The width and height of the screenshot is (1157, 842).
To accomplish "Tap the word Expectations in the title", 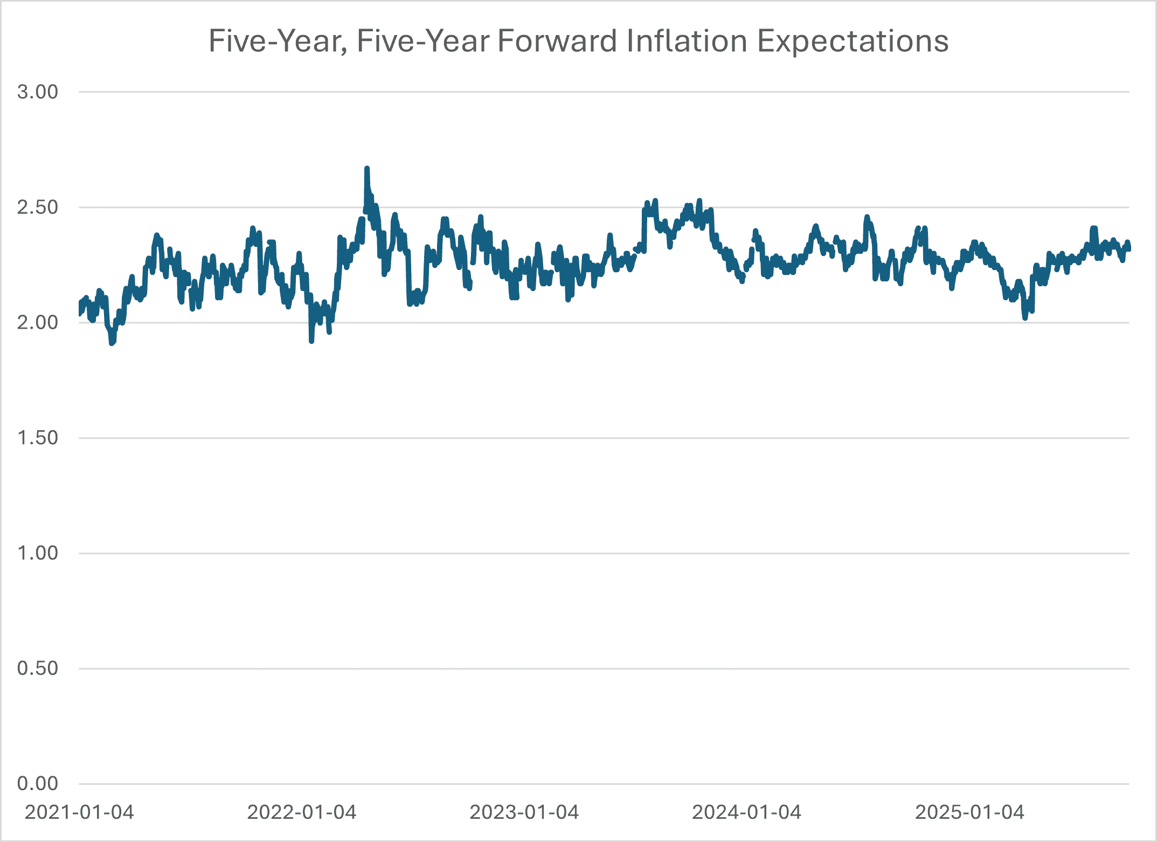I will [x=853, y=41].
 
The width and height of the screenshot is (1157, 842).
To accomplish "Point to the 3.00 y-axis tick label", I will [x=37, y=92].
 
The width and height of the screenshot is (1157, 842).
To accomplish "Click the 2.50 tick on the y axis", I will [x=37, y=207].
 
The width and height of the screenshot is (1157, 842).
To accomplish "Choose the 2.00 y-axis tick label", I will [x=37, y=322].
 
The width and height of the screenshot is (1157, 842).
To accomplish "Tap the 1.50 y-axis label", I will [x=37, y=438].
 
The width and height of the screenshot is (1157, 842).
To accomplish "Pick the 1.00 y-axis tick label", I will [x=37, y=553].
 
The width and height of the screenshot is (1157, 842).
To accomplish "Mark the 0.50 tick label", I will [x=37, y=668].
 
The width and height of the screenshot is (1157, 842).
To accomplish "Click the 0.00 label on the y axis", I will [x=37, y=784].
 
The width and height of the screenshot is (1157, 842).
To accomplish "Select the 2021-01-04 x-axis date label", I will [x=79, y=812].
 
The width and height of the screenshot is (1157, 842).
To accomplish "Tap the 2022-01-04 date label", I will [x=302, y=812].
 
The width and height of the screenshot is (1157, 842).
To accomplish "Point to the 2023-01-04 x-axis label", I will [x=524, y=812].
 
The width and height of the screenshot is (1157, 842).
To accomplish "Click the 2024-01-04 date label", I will [x=747, y=812].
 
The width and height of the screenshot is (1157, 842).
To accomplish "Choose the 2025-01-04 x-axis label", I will [x=969, y=812].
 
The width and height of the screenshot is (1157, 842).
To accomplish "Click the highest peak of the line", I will [x=367, y=169].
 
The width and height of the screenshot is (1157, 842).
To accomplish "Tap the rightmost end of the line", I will [x=1128, y=248].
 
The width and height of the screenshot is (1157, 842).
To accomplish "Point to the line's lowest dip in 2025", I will [x=1025, y=318].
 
